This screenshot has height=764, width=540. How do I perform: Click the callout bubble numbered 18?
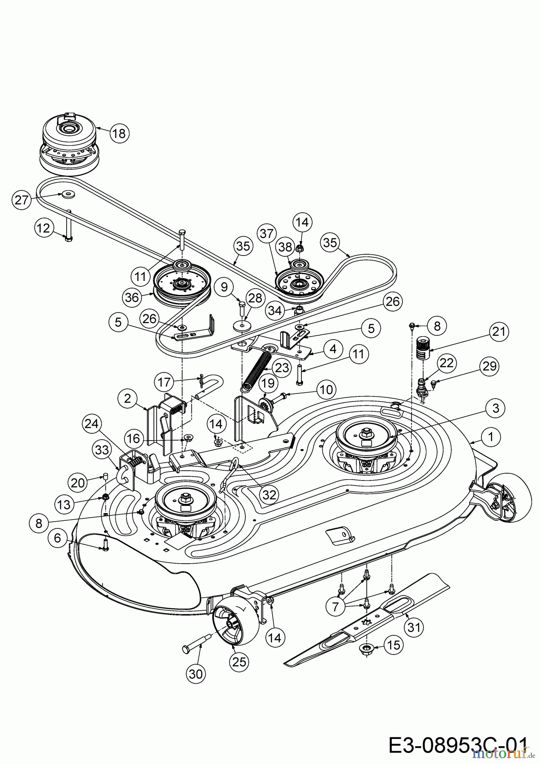click(x=119, y=133)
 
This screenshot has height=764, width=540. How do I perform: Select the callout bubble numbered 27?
click(x=22, y=199)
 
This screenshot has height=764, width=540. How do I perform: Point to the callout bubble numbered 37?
click(x=267, y=234)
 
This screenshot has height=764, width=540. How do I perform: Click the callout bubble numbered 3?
click(x=495, y=408)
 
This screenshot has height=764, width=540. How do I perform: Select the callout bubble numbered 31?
click(x=414, y=626)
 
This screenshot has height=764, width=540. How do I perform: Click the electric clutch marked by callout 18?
click(x=68, y=144)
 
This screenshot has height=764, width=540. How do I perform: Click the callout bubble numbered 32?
click(x=270, y=494)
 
